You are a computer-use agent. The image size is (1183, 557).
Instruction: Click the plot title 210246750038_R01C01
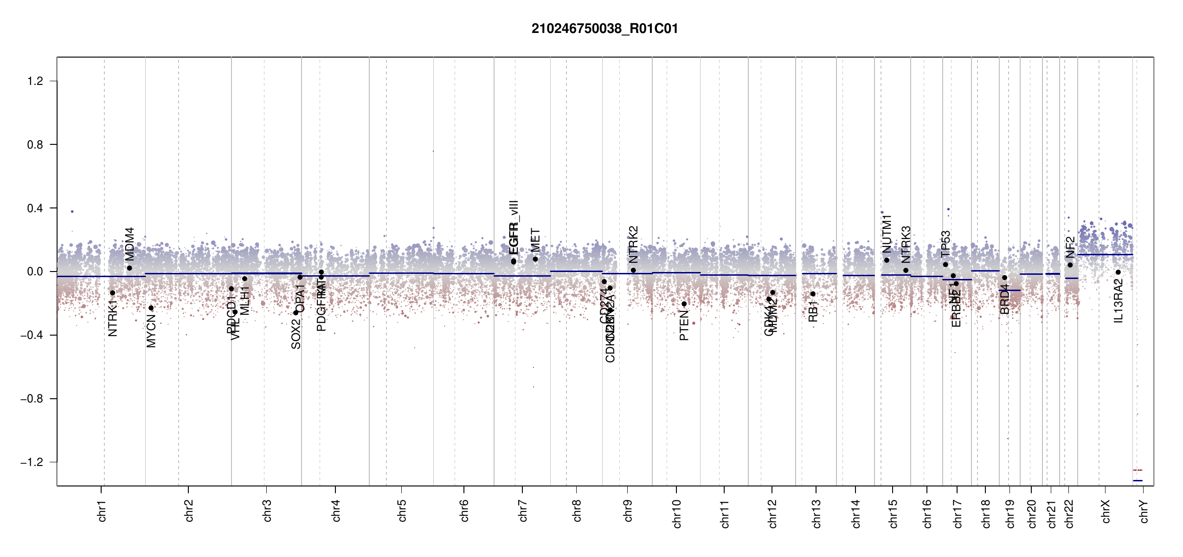[x=604, y=29]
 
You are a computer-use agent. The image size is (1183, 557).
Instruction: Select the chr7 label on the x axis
[x=523, y=511]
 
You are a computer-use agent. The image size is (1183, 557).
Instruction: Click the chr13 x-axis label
[x=816, y=513]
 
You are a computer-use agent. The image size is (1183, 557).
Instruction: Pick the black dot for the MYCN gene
[x=151, y=308]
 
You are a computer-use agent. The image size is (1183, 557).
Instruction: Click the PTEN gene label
[x=684, y=326]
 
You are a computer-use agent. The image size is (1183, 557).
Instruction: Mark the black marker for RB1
[x=813, y=294]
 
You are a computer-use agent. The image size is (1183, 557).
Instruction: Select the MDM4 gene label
[x=129, y=244]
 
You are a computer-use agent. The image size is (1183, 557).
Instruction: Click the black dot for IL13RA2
[x=1118, y=272]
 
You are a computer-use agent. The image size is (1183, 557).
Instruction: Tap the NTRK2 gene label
[x=633, y=245]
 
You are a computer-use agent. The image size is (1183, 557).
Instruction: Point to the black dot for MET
[x=535, y=259]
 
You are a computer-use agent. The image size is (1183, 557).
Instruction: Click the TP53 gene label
[x=945, y=244]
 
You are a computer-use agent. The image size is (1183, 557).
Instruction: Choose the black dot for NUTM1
[x=887, y=260]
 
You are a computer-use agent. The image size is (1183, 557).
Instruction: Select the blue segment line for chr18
[x=985, y=271]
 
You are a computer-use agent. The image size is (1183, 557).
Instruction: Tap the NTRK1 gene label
[x=112, y=318]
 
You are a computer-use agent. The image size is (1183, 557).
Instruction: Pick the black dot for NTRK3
[x=906, y=271]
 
